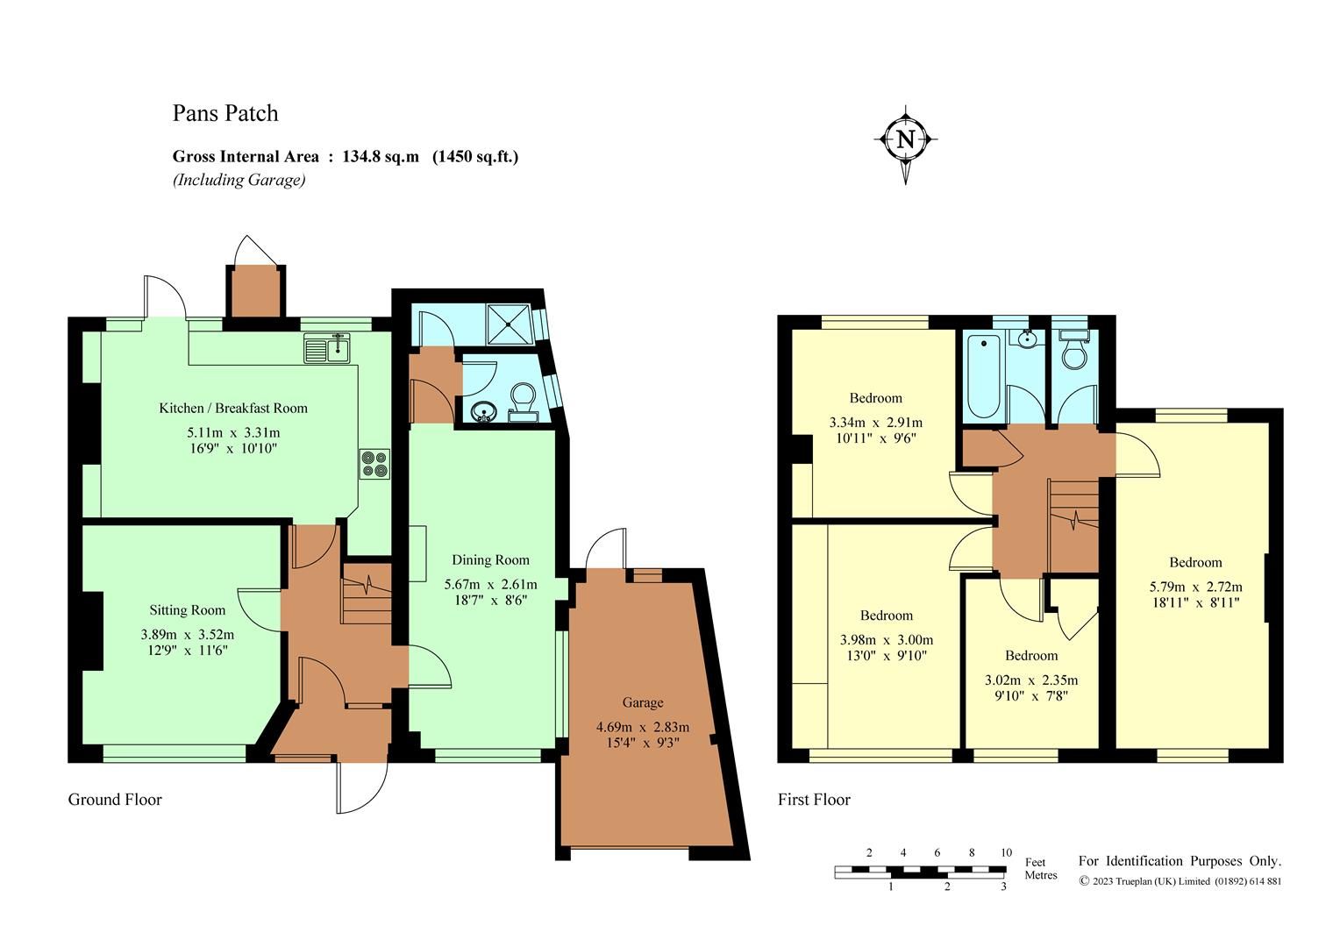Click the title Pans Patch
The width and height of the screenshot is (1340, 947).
[225, 113]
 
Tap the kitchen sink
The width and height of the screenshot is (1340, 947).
[327, 349]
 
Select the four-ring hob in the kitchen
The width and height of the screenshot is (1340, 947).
[374, 464]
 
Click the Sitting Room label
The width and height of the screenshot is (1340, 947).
[187, 610]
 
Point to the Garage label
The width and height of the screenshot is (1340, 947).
[643, 702]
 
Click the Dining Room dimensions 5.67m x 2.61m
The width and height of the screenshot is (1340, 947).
[490, 584]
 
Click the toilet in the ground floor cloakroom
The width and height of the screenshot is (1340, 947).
[524, 400]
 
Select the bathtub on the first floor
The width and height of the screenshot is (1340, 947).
[982, 377]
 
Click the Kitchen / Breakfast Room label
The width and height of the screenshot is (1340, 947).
[233, 408]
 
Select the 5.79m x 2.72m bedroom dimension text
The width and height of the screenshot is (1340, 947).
[1195, 587]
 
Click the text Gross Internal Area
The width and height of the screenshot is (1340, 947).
[246, 157]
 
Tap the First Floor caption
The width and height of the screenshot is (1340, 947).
[814, 800]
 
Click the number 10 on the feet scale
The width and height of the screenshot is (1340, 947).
[1006, 852]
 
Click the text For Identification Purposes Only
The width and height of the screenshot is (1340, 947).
[1180, 861]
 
